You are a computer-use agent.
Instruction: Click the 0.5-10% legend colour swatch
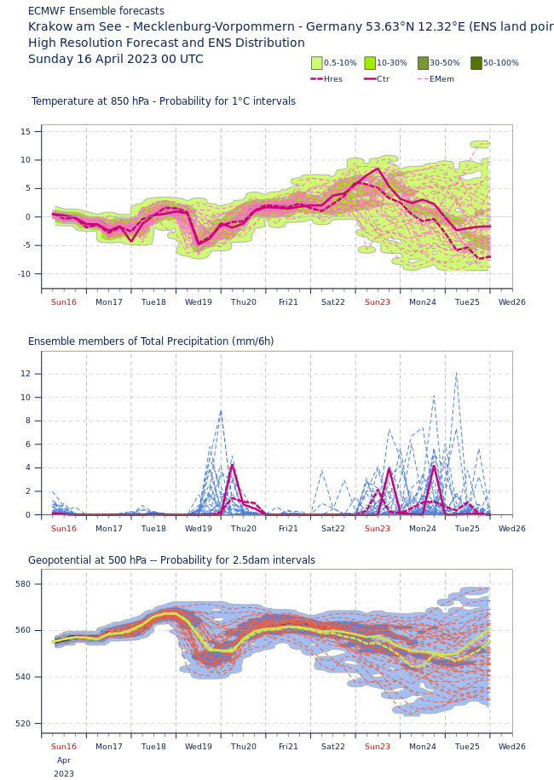coord(317,63)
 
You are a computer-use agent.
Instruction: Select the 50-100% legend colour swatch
coord(476,63)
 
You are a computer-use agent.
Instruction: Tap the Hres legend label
coord(332,79)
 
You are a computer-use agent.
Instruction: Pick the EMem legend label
coord(441,79)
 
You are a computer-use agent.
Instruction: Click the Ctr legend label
coord(383,79)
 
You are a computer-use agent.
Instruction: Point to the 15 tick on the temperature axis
coord(26,131)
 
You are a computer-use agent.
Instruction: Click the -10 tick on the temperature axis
coord(25,273)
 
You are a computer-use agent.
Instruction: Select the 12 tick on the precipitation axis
coord(26,374)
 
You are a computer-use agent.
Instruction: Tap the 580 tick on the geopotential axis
coord(22,584)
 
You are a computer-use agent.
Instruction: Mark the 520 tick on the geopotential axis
coord(22,724)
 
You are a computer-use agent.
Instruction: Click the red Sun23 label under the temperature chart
coord(378,302)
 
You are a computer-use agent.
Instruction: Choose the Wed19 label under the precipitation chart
coord(199,529)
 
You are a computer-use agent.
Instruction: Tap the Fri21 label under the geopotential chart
coord(288,747)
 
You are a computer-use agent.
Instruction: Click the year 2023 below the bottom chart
coord(64,774)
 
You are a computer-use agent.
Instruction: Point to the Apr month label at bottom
coord(64,760)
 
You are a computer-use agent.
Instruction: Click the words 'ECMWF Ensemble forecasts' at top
coord(96,11)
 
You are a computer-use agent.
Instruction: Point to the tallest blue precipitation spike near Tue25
coord(456,375)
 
